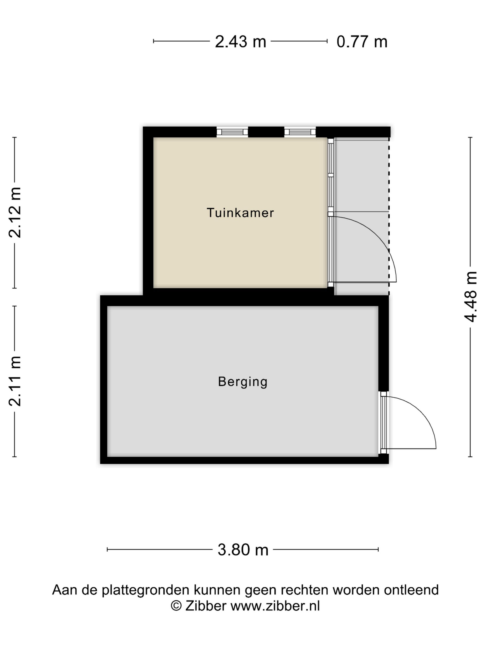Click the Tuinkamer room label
240,213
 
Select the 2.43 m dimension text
240,42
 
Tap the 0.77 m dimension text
362,42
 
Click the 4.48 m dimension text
471,297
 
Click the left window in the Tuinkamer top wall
232,132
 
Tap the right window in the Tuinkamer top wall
300,132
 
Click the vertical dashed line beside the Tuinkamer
389,216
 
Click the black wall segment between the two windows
266,132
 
